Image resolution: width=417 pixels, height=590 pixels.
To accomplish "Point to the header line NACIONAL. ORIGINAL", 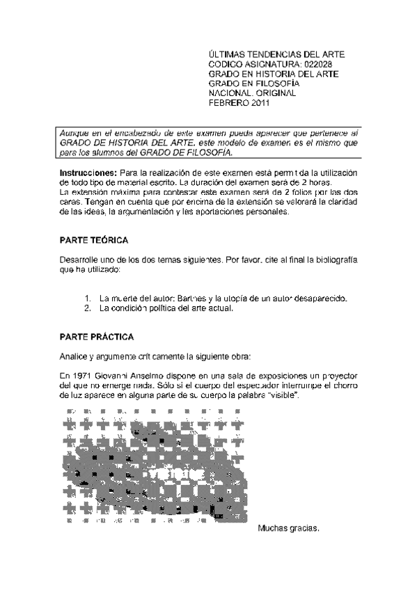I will [x=253, y=93].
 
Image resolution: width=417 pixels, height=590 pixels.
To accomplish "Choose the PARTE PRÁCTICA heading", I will [x=97, y=337].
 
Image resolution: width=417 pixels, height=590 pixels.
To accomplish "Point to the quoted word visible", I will [x=283, y=395].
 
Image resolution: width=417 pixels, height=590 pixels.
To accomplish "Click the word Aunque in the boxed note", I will [x=75, y=132].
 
